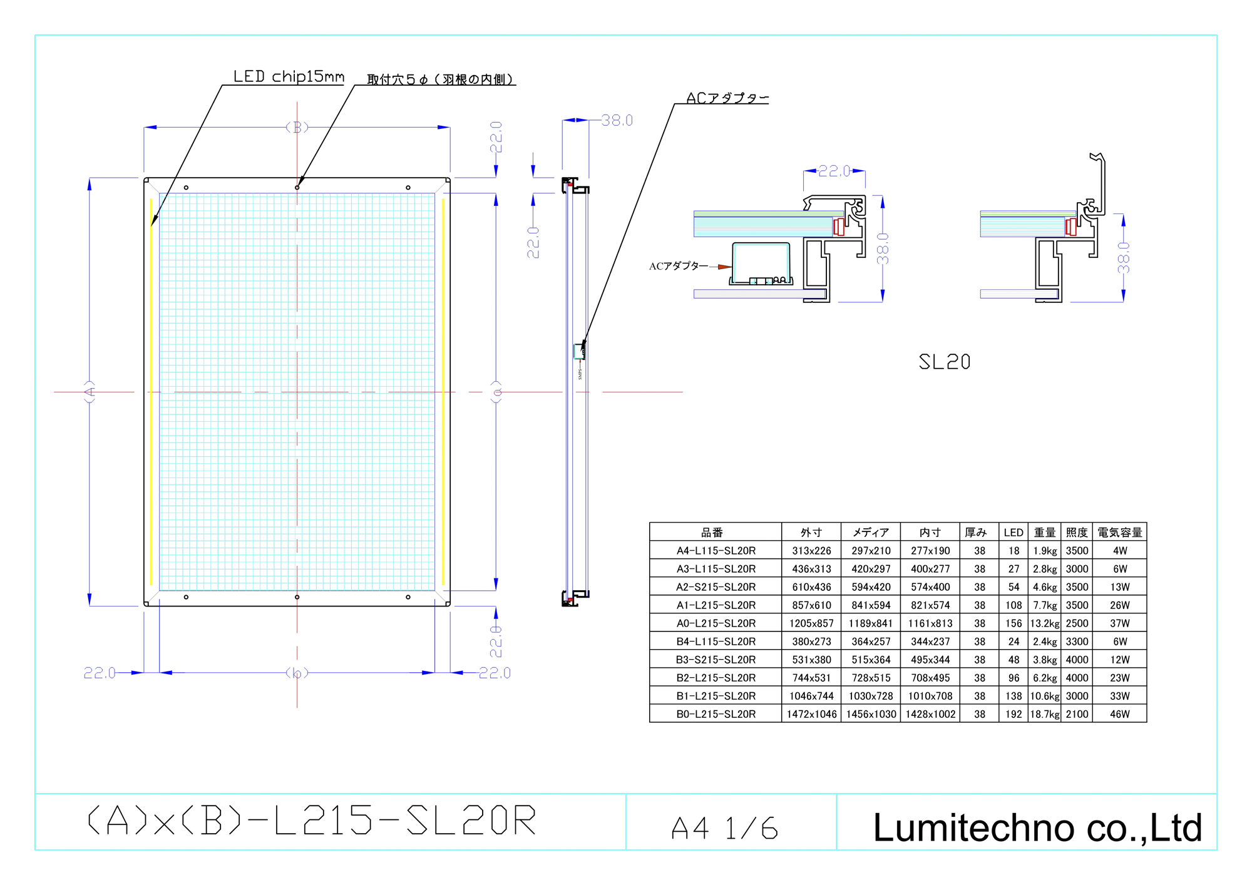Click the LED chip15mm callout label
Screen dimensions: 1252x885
(289, 76)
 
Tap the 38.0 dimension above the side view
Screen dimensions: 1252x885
(617, 120)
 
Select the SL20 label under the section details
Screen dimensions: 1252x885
(945, 362)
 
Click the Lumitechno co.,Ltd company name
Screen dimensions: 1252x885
(1037, 827)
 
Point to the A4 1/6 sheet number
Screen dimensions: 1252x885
(725, 828)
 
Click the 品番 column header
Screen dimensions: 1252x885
(712, 533)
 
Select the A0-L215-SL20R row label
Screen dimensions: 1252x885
(716, 623)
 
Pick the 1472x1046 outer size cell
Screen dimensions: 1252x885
(812, 714)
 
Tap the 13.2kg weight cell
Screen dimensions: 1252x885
(1045, 623)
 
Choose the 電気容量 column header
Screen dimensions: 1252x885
(1120, 533)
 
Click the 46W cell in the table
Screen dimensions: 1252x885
(1120, 714)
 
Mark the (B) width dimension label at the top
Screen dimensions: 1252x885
(297, 127)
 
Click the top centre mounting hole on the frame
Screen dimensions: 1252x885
(297, 187)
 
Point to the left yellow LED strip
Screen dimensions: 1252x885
(151, 392)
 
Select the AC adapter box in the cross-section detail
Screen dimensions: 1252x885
(761, 263)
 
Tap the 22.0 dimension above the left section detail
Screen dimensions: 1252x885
(834, 171)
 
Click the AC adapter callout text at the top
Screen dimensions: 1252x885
(728, 98)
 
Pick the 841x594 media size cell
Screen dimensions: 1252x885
(871, 605)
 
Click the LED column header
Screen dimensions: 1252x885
(1013, 533)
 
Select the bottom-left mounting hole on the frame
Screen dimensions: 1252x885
(186, 597)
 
